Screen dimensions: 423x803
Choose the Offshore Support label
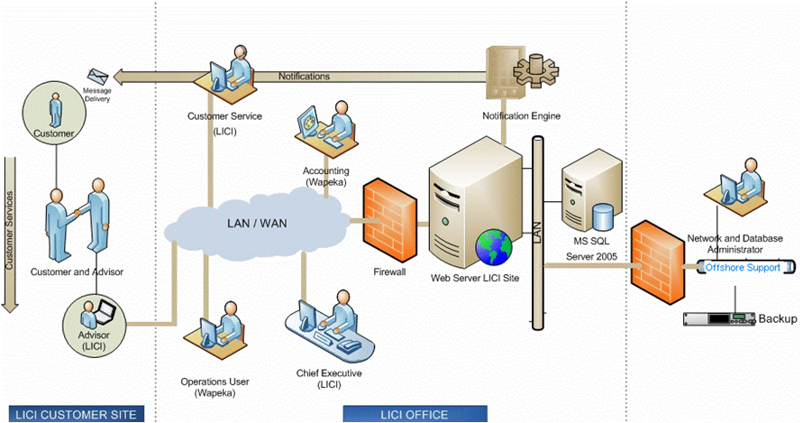click(x=743, y=267)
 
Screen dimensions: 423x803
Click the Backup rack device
click(x=719, y=318)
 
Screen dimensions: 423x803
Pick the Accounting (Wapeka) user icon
click(x=325, y=130)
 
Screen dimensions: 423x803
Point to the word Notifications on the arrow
click(x=304, y=77)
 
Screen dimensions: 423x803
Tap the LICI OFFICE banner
click(x=415, y=414)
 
